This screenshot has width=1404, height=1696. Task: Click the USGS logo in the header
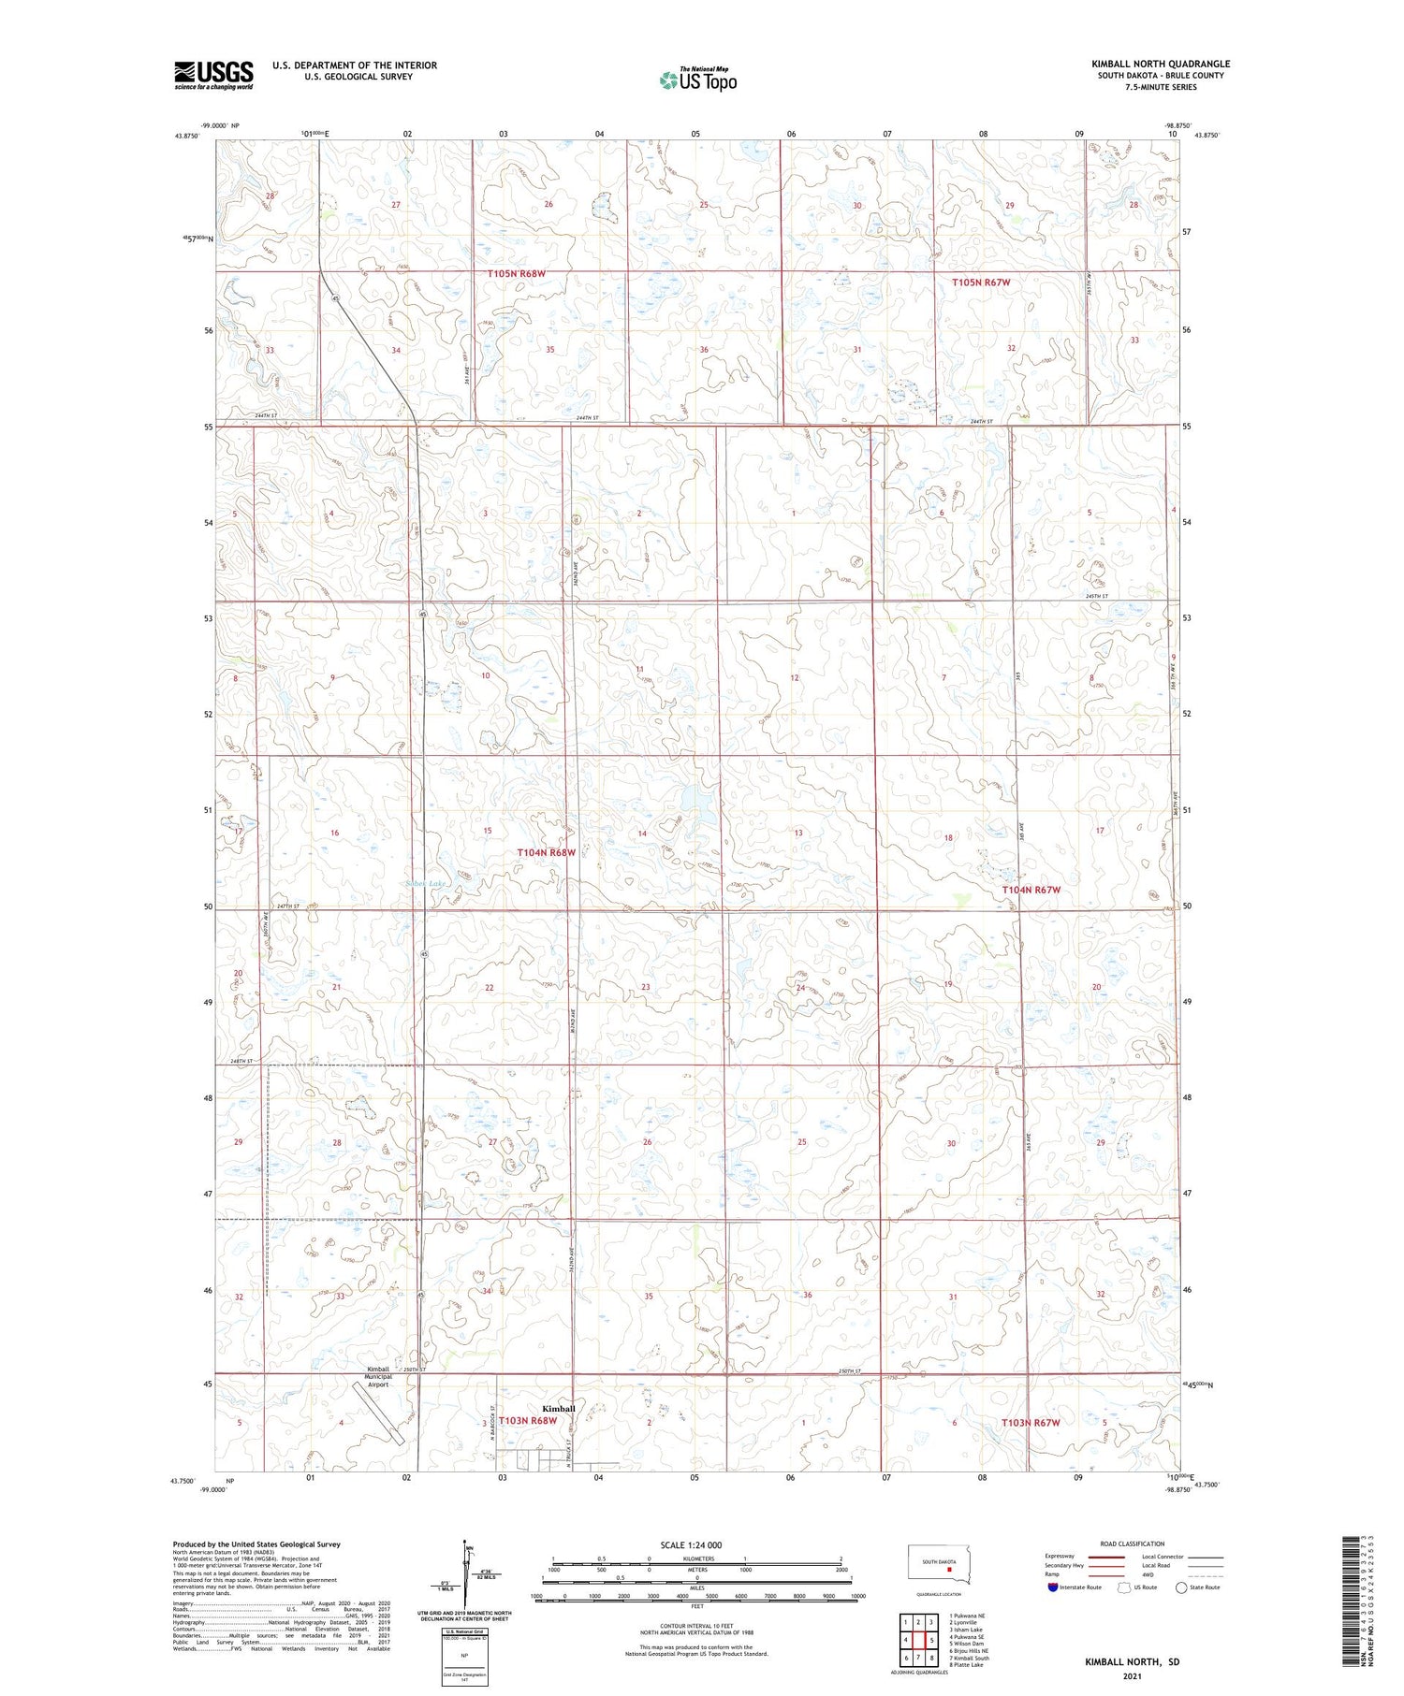213,75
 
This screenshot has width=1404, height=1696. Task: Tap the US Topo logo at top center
698,80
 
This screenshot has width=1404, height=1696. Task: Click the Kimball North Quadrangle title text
1160,64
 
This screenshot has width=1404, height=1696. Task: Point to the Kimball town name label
559,1409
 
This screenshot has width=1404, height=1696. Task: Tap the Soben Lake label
425,883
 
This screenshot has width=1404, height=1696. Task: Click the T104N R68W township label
547,853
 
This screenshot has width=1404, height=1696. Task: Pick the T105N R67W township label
981,282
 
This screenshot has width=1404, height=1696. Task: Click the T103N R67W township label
1031,1423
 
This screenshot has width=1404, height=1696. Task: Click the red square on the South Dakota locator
949,1572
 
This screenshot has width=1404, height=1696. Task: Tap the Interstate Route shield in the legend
1053,1587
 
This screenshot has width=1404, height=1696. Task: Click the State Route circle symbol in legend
1181,1587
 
